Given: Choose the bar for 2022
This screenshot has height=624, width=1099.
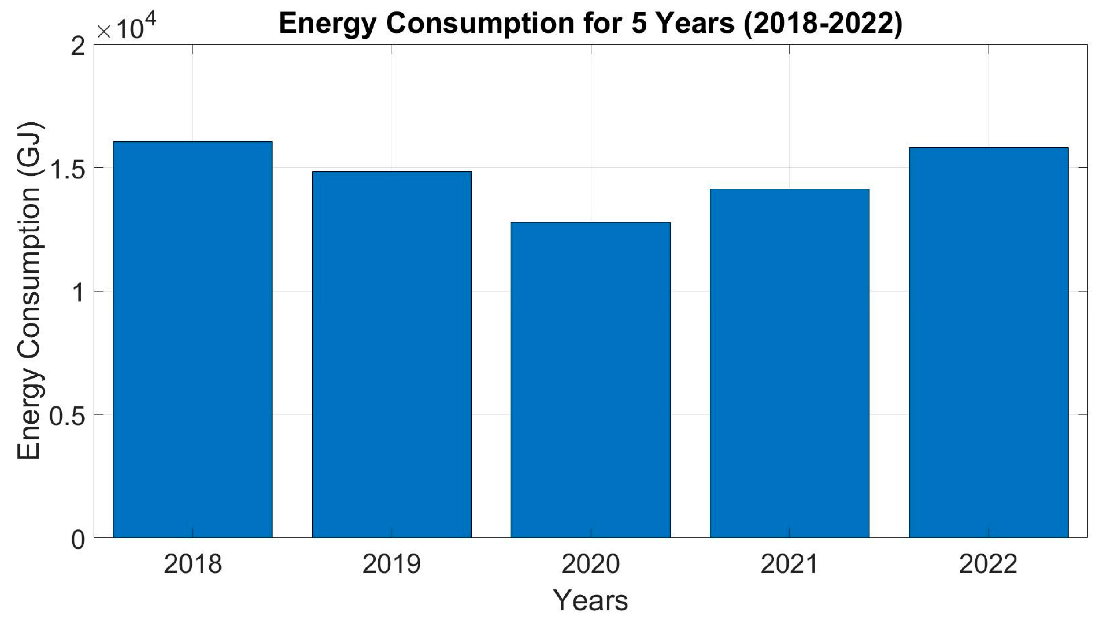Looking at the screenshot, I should [989, 342].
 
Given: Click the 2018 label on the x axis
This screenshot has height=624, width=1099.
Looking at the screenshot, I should [193, 564].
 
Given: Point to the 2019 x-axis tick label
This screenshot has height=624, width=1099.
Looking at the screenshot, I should [392, 564].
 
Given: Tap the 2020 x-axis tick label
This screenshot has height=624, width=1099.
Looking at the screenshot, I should [590, 564].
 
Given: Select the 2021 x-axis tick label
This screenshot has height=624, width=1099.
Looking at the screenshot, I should [790, 564].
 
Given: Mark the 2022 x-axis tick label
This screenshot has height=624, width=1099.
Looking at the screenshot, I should [989, 564].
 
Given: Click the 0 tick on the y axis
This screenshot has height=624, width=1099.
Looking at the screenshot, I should [78, 540].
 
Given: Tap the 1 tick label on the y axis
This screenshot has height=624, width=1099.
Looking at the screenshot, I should [78, 292].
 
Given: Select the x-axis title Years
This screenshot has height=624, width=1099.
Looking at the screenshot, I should [590, 600].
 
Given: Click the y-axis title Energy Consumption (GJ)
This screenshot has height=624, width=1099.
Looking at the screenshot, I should [29, 291].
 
